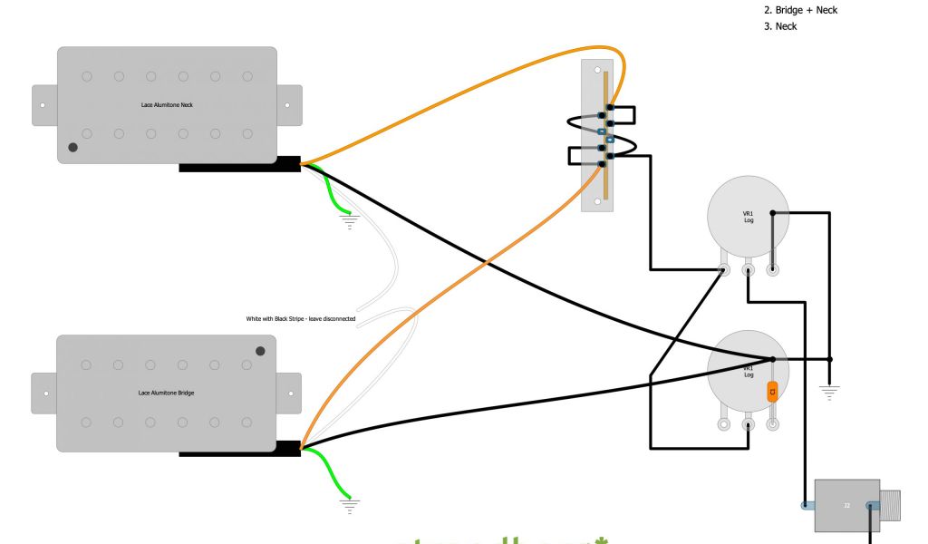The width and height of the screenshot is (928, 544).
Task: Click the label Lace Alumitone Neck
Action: pos(167,105)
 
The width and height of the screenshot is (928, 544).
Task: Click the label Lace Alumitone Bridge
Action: pos(166,393)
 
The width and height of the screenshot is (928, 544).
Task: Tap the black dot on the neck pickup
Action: pos(72,147)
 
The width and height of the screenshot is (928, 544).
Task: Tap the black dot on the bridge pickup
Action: pos(261,351)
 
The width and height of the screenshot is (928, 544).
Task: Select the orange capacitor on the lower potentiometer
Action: pos(772,393)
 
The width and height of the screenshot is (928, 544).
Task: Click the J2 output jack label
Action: pos(846,505)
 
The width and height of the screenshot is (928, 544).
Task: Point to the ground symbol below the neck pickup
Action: pos(349,220)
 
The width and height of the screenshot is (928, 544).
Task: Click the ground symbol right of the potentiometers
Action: pos(828,392)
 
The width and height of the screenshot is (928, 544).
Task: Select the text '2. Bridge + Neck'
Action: pos(807,9)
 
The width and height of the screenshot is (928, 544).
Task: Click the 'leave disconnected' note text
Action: pos(301,319)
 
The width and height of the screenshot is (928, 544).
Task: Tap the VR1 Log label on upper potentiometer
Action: pos(748,217)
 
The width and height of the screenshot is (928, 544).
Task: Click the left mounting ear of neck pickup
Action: pos(44,105)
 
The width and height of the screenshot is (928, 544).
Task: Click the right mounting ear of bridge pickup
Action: pos(289,393)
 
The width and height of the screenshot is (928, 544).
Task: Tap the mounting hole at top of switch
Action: pos(597,69)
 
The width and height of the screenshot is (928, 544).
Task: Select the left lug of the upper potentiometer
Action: pos(724,269)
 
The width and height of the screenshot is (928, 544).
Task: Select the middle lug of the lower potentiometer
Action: pos(749,423)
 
